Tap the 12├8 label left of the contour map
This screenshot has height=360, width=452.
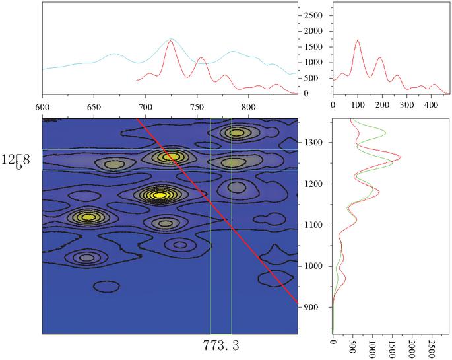pyautogui.click(x=20, y=160)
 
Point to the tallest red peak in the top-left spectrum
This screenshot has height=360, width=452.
pyautogui.click(x=170, y=41)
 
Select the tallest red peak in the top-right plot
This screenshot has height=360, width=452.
pyautogui.click(x=358, y=40)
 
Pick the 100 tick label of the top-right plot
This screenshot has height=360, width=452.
pyautogui.click(x=358, y=104)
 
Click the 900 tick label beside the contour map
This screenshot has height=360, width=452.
pyautogui.click(x=319, y=307)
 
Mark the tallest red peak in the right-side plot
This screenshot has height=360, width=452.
pyautogui.click(x=400, y=157)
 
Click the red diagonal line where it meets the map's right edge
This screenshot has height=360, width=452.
pyautogui.click(x=298, y=303)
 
